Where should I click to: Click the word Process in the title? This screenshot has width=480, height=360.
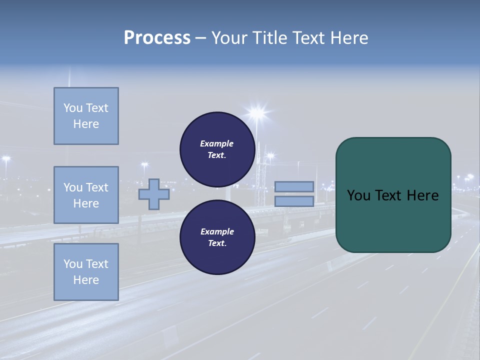pyautogui.click(x=157, y=38)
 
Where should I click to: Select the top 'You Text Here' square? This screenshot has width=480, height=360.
pyautogui.click(x=86, y=116)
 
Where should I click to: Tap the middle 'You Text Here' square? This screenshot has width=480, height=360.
pyautogui.click(x=86, y=195)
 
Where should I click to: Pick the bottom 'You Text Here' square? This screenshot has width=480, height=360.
pyautogui.click(x=86, y=272)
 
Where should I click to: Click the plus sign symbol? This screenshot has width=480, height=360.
pyautogui.click(x=153, y=194)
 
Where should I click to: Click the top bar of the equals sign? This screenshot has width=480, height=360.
pyautogui.click(x=294, y=186)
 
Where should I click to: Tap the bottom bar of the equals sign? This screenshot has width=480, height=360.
pyautogui.click(x=294, y=201)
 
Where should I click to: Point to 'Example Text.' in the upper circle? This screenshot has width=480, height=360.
pyautogui.click(x=217, y=149)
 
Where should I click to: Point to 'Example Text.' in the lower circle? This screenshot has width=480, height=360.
pyautogui.click(x=217, y=237)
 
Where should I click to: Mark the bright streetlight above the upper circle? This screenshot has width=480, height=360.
pyautogui.click(x=257, y=112)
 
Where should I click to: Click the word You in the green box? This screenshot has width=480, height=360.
pyautogui.click(x=358, y=195)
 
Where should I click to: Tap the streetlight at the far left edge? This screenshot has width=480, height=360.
pyautogui.click(x=6, y=159)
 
